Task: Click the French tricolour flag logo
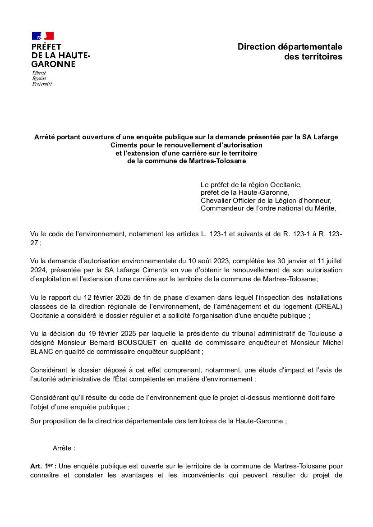(43, 36)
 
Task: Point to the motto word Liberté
(39, 73)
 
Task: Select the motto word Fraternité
(42, 84)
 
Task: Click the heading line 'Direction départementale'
(290, 47)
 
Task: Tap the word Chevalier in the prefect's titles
(216, 200)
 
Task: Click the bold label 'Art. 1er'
(43, 466)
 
